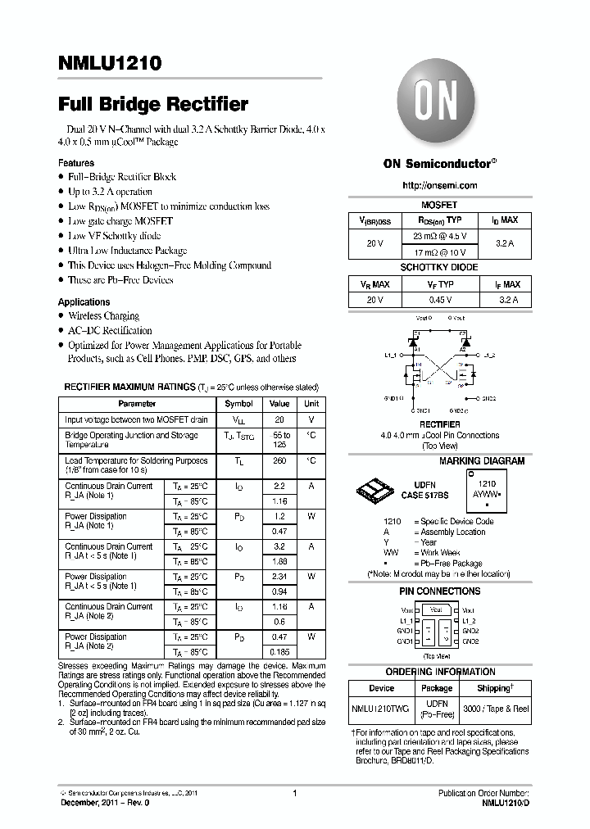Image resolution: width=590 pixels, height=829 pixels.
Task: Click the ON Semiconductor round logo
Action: coord(439,106)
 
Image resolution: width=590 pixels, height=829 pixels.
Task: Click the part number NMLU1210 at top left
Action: coord(110,62)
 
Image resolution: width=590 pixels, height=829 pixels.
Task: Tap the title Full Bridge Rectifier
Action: coord(153,105)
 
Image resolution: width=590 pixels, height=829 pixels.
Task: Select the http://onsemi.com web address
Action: coord(440,186)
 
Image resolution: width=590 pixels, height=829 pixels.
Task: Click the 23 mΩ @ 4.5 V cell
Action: coord(440,236)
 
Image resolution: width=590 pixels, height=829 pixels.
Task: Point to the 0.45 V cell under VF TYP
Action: coord(440,300)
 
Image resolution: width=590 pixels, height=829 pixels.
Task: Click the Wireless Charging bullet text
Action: coord(103,315)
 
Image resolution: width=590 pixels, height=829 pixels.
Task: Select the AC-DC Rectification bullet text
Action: coord(110,330)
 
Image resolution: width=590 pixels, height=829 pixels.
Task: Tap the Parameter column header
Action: coord(137,404)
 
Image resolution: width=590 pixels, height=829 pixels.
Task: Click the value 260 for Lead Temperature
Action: coord(279,461)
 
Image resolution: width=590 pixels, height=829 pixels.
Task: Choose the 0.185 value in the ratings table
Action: coord(279,651)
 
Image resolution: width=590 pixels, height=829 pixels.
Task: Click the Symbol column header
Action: coord(238,404)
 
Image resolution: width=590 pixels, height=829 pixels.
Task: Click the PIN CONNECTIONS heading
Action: coord(439,591)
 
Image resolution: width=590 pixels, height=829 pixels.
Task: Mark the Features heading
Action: coord(75,163)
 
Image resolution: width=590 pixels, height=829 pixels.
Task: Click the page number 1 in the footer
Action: coord(293,793)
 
